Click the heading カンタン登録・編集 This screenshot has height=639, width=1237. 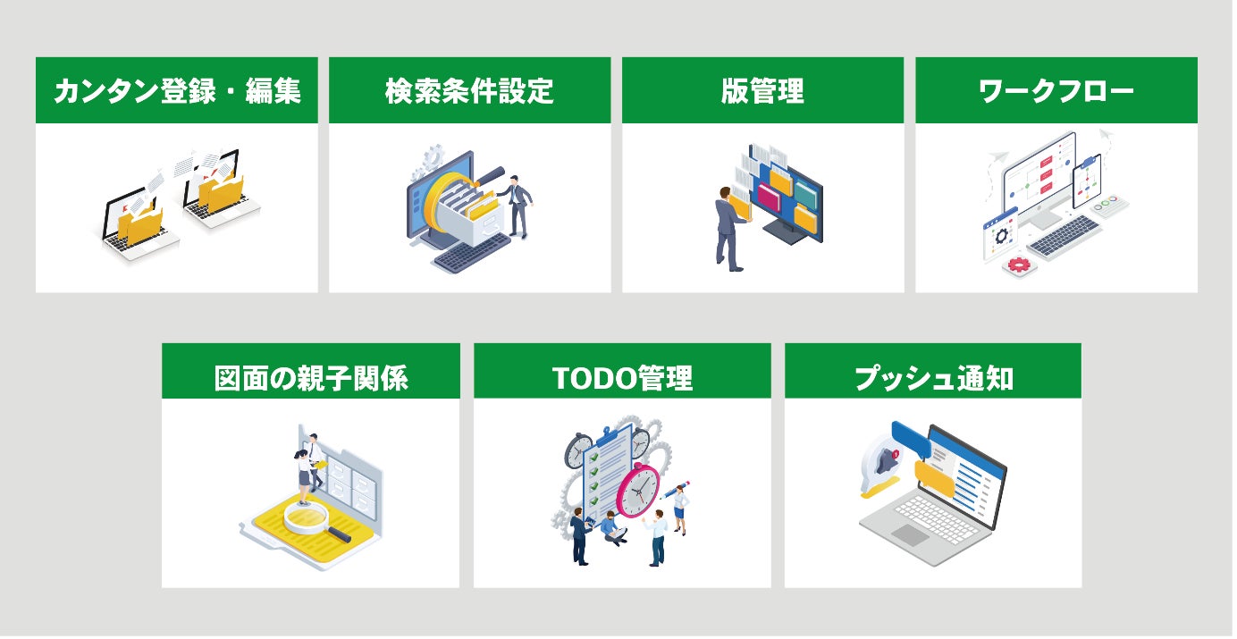coord(177,91)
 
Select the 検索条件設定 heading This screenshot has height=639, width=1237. coord(469,91)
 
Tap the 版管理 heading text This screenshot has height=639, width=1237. coord(762,91)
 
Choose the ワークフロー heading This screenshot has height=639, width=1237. coord(1056,91)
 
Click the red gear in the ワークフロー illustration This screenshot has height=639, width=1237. coord(1018,265)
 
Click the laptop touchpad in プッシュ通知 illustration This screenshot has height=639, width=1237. coord(910,534)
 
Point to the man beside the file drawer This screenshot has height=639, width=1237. coord(518,206)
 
